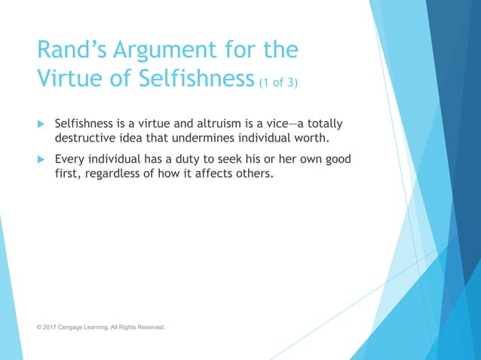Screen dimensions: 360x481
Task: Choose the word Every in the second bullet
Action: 70,160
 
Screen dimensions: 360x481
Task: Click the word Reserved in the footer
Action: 149,328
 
